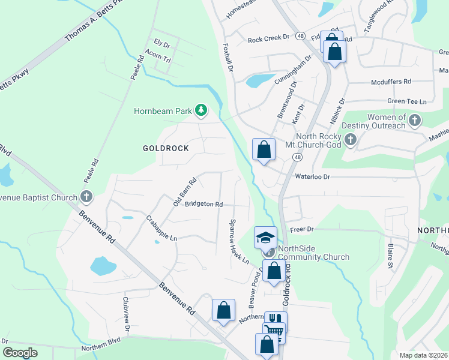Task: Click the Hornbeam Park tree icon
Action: (201, 110)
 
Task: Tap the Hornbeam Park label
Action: (163, 110)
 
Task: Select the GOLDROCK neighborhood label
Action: (166, 148)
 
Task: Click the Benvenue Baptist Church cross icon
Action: (86, 196)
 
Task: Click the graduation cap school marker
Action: (265, 237)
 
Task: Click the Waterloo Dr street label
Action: (312, 176)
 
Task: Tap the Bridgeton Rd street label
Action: (203, 204)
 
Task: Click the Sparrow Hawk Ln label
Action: (238, 241)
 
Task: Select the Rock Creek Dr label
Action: (268, 40)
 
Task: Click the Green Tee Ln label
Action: (406, 101)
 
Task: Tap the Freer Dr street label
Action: (302, 229)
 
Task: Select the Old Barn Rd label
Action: (185, 192)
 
